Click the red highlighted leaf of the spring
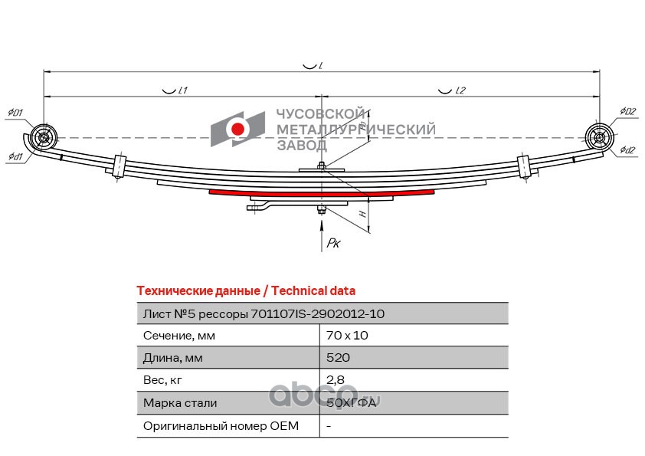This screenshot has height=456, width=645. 322,193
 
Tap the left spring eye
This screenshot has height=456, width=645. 44,137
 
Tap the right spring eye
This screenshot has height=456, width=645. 599,137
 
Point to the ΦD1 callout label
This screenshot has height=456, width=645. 15,113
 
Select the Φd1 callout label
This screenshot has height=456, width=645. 15,156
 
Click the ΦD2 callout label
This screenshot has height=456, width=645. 627,111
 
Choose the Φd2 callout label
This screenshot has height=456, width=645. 627,149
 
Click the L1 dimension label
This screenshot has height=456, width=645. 183,90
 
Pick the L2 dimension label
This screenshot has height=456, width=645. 460,90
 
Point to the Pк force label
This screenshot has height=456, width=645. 333,243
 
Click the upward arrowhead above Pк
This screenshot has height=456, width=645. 322,225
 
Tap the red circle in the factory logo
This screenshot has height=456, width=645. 237,130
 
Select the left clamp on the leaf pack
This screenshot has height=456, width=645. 119,166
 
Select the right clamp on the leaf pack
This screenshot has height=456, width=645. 524,166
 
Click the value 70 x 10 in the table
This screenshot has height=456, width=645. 347,336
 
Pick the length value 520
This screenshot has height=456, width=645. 338,358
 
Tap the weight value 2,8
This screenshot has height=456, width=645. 336,380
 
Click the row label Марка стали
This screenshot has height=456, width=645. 180,403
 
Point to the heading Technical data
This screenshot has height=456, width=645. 313,291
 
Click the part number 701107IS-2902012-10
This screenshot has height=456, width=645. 318,314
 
